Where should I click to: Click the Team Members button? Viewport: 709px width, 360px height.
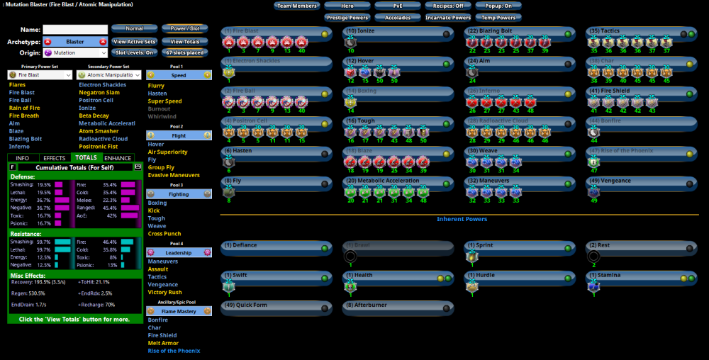pyautogui.click(x=296, y=6)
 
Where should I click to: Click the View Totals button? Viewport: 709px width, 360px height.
pyautogui.click(x=184, y=42)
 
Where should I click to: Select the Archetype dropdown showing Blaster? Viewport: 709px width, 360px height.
pyautogui.click(x=74, y=42)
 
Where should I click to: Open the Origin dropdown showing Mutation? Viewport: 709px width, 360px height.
pyautogui.click(x=74, y=52)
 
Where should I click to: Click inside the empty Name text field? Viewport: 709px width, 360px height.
pyautogui.click(x=74, y=30)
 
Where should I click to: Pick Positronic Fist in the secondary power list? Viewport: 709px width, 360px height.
pyautogui.click(x=100, y=146)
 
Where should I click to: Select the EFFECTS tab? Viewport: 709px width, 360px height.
pyautogui.click(x=54, y=158)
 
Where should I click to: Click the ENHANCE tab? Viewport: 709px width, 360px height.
pyautogui.click(x=118, y=158)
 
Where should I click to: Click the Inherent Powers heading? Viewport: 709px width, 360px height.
pyautogui.click(x=462, y=220)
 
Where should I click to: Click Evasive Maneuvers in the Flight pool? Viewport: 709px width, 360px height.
pyautogui.click(x=173, y=175)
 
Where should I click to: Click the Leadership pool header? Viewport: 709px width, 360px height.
pyautogui.click(x=179, y=252)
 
